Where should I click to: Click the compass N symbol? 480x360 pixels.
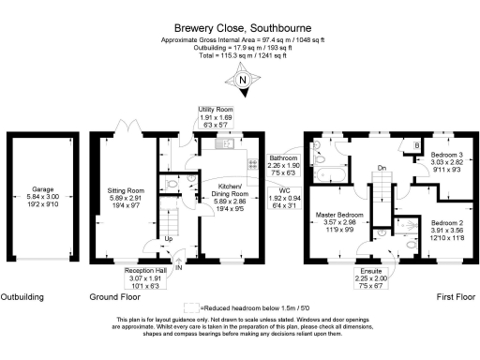click(x=242, y=81)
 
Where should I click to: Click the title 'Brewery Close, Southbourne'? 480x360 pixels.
click(x=239, y=29)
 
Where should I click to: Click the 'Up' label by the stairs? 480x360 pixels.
click(x=169, y=238)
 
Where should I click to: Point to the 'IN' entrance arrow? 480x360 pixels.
click(x=178, y=265)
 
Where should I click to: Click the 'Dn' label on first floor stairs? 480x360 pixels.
click(x=381, y=168)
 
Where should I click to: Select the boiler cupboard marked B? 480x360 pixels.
click(x=415, y=146)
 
